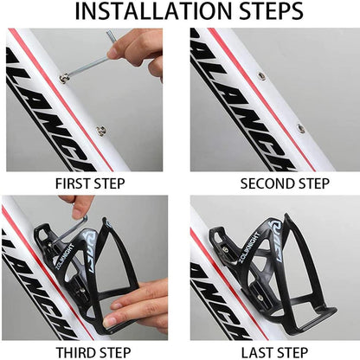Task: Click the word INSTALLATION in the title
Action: point(144,12)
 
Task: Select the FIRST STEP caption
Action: point(90,183)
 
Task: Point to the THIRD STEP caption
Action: point(90,351)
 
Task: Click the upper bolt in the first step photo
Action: point(64,80)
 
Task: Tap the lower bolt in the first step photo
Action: point(101,131)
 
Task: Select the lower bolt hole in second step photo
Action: point(300,127)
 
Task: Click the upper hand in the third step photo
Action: point(82,206)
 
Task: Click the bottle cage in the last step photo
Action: point(277,268)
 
